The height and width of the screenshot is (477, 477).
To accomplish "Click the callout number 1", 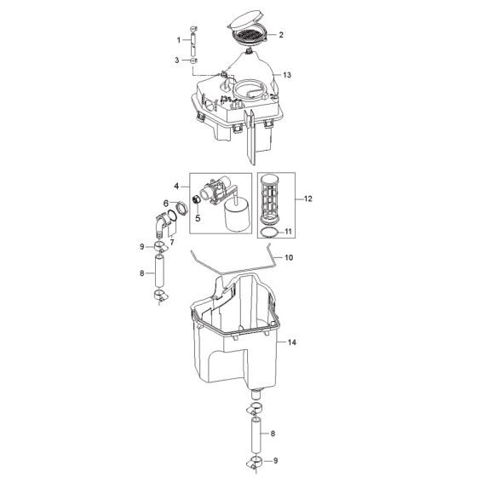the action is [179, 40].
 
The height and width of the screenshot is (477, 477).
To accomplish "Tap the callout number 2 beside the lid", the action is [281, 35].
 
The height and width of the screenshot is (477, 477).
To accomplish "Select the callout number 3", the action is [177, 60].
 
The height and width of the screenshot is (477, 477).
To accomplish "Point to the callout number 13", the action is [287, 75].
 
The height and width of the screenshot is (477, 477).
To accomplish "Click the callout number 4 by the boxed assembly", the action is [176, 186].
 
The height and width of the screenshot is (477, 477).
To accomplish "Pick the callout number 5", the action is [198, 218].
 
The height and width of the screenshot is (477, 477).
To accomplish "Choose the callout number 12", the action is [307, 198].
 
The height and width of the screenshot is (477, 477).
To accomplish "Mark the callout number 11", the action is [288, 232].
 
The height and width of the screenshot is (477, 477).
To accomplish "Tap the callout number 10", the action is [289, 257].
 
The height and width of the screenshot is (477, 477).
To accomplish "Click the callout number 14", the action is [291, 342].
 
